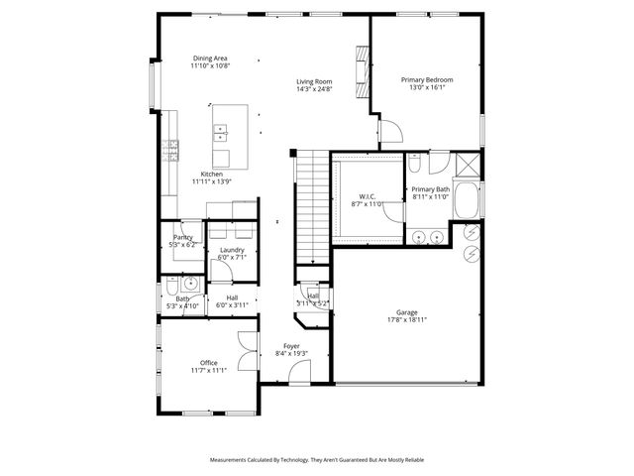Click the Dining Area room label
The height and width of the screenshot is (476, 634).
coord(211,59)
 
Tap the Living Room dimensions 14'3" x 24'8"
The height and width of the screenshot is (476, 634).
coord(314,89)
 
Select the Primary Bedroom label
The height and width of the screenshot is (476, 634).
coord(427,78)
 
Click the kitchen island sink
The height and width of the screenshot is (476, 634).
coord(220,130)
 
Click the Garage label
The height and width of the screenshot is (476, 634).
coord(407,312)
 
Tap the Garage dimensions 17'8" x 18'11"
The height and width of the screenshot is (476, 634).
coord(407,320)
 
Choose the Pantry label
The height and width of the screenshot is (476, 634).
coord(182,237)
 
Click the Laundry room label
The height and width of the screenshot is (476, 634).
coord(232,250)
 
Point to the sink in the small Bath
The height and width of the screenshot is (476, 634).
coord(191,283)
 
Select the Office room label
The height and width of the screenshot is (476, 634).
coord(208,362)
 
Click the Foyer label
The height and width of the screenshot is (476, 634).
coord(291,346)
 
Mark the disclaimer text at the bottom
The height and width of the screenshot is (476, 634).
coord(317,460)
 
